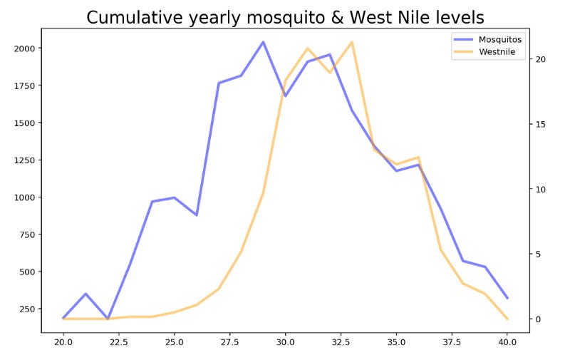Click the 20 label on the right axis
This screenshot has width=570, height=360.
pos(541,59)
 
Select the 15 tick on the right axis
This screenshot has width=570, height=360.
pos(541,124)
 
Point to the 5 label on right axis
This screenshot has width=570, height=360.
pos(539,254)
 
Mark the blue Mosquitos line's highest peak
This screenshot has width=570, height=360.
pos(263,42)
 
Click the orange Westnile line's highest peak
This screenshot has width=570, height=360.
pos(351,42)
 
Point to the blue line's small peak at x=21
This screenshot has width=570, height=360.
pos(85,294)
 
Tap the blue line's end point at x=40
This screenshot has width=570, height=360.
pos(507,298)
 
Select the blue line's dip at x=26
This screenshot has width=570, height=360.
pos(197,215)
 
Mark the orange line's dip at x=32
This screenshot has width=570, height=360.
pos(329,72)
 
